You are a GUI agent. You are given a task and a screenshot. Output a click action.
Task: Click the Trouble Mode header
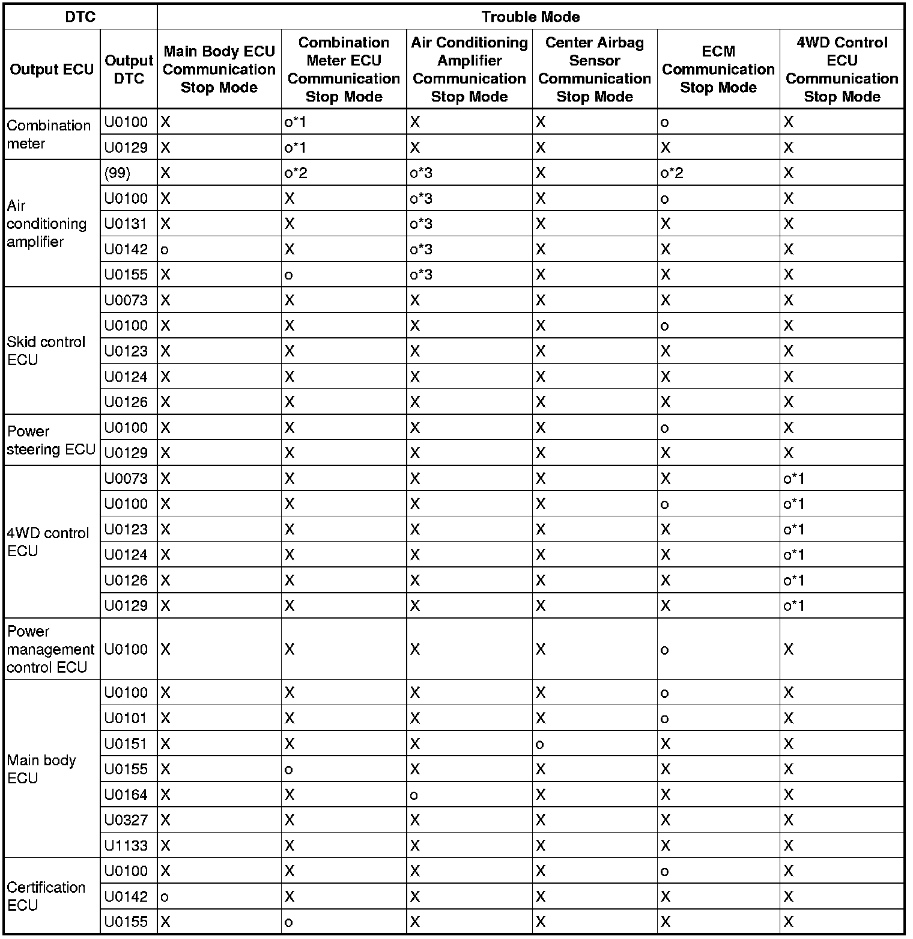[530, 17]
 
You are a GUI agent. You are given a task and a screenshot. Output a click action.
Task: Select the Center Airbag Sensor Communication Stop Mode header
[594, 69]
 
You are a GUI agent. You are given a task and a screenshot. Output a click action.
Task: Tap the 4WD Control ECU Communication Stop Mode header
[842, 69]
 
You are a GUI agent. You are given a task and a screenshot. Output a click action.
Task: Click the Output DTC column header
[129, 69]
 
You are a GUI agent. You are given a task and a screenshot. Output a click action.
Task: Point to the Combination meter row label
[49, 134]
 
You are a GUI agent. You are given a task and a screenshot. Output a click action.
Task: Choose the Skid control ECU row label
[46, 350]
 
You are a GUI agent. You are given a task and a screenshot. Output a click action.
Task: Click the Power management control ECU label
[50, 649]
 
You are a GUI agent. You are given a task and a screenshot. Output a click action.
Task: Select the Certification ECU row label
[46, 896]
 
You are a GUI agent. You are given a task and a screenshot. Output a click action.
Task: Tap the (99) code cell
[117, 173]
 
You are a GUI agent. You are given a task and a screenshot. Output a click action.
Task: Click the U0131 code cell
[126, 224]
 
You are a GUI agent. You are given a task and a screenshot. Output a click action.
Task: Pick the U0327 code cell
[126, 820]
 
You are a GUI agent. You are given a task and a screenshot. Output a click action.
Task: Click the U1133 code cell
[126, 845]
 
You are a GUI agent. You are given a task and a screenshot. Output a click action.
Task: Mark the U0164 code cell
[126, 795]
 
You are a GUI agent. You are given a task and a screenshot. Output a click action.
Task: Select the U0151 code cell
[126, 744]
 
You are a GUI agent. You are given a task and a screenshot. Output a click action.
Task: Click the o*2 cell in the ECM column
[672, 173]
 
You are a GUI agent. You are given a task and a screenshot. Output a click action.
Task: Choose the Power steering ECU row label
[51, 440]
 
